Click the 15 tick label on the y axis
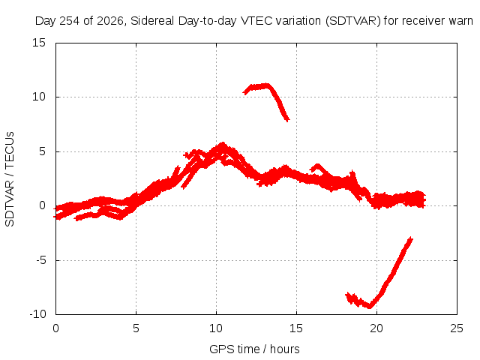[39, 43]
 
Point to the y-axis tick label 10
[39, 97]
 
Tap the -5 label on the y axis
[41, 260]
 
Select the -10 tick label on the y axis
[37, 314]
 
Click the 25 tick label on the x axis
[457, 328]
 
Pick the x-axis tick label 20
[376, 328]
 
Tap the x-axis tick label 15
[296, 328]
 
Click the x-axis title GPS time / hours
[254, 349]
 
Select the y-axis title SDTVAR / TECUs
[10, 179]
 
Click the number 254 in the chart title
[69, 21]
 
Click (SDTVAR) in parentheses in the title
[353, 21]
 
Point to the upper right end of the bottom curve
[411, 238]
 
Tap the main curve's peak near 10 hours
[223, 145]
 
